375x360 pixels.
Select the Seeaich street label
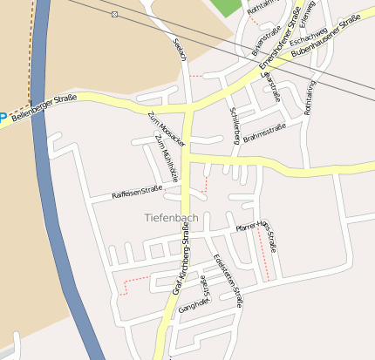(x=180, y=51)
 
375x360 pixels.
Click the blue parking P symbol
(x=3, y=117)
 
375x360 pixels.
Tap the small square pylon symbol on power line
(x=115, y=15)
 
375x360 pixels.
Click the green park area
(x=226, y=7)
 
